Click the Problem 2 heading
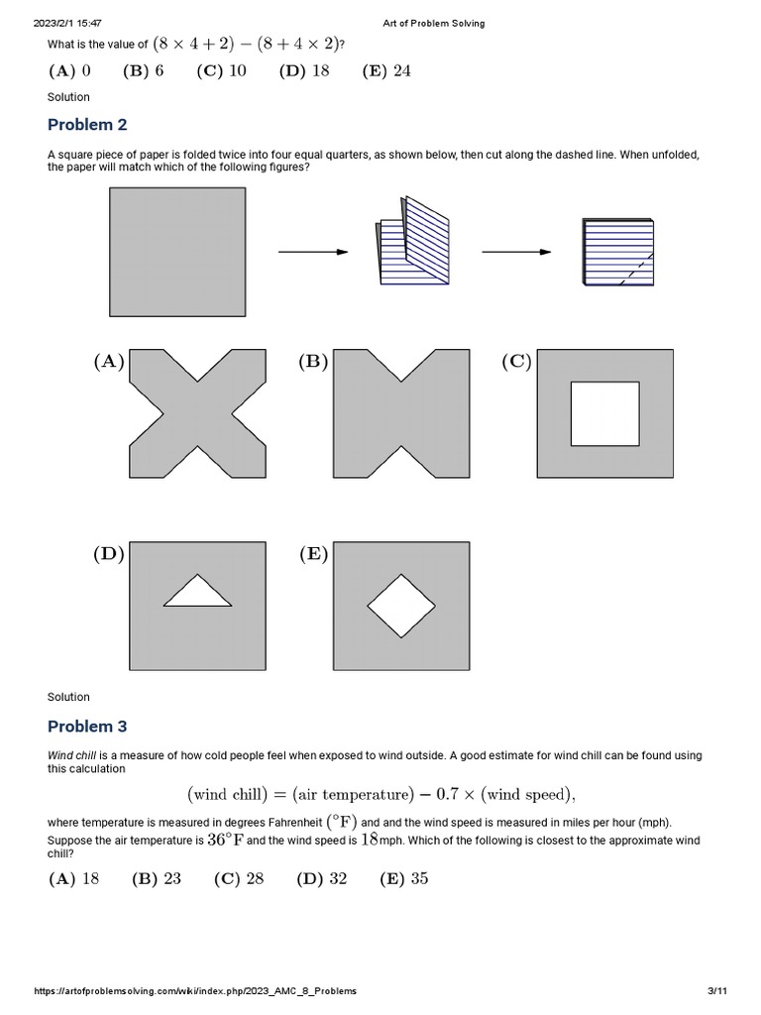click(87, 125)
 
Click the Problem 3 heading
click(87, 727)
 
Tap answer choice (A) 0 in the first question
click(69, 70)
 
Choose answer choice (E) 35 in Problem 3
click(404, 879)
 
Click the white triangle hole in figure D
click(197, 593)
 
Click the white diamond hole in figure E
click(401, 606)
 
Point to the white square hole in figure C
click(605, 413)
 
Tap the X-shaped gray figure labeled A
click(197, 413)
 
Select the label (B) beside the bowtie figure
click(313, 362)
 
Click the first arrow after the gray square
click(313, 252)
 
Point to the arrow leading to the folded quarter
click(516, 252)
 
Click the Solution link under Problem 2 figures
click(68, 697)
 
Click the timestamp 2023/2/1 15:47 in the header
click(68, 23)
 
